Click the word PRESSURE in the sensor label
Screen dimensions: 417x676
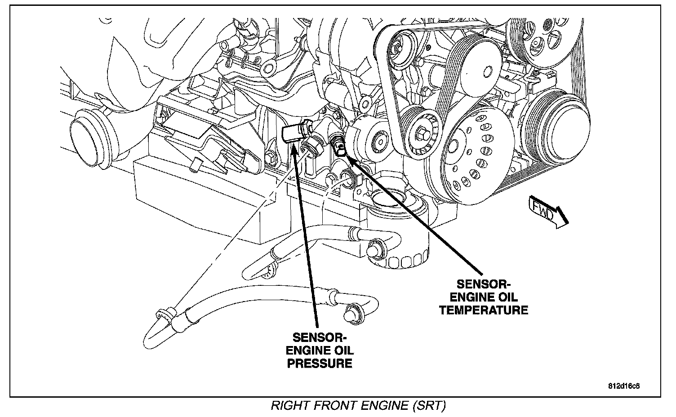click(320, 363)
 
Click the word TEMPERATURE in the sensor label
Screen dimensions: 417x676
click(484, 310)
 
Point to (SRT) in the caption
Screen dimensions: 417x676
click(428, 406)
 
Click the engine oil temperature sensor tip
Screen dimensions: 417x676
click(340, 148)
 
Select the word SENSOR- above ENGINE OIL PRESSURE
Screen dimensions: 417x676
click(320, 337)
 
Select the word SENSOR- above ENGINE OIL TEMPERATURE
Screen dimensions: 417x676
click(484, 284)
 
